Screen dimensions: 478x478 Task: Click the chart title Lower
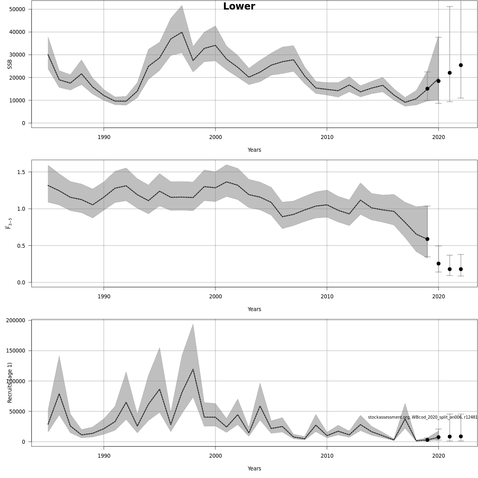tap(239, 6)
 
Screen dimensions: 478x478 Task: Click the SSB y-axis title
tap(10, 64)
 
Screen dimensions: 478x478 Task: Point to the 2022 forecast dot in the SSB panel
tap(461, 65)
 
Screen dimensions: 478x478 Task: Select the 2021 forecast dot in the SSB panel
tap(450, 72)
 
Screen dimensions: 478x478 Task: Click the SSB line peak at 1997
tap(182, 32)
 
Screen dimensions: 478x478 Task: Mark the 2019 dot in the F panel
tap(427, 239)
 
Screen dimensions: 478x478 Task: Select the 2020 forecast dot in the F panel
tap(439, 263)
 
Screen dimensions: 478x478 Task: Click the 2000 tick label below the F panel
tap(215, 296)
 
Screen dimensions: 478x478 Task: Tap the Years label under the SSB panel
tap(254, 150)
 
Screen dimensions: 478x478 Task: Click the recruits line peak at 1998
tap(193, 369)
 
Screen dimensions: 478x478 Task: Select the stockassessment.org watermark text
tap(422, 417)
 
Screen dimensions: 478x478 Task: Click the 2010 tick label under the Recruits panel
tap(327, 456)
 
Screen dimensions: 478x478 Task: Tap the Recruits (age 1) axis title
tap(10, 382)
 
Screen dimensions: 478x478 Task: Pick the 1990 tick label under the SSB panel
tap(104, 137)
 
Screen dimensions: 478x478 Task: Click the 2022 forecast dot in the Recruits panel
tap(461, 437)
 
